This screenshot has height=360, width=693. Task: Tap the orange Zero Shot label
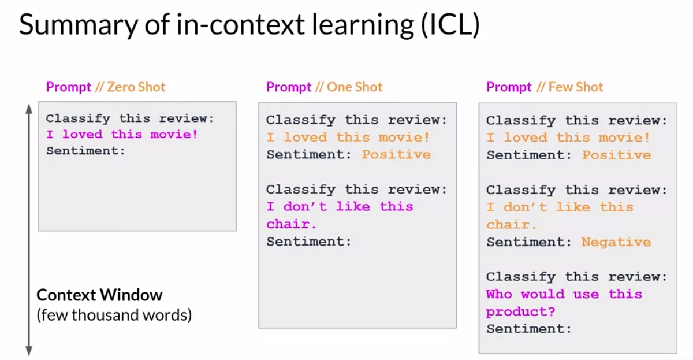click(136, 87)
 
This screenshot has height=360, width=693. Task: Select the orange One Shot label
click(355, 87)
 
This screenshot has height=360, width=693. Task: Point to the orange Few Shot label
click(575, 87)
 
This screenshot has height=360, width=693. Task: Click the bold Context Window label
click(99, 295)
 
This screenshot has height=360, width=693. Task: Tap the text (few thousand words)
click(114, 316)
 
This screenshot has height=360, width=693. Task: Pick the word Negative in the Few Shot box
click(616, 242)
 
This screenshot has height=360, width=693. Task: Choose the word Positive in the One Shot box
click(396, 155)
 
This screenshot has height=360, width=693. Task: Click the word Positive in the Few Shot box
click(616, 155)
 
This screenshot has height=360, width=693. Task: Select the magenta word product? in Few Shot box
click(520, 311)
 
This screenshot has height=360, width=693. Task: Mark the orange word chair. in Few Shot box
click(511, 225)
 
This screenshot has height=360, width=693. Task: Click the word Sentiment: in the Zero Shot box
click(85, 151)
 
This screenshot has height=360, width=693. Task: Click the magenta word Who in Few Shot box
click(499, 294)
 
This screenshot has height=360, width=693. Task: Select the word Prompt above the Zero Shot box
click(69, 87)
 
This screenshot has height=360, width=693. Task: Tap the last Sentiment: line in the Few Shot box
click(528, 329)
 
